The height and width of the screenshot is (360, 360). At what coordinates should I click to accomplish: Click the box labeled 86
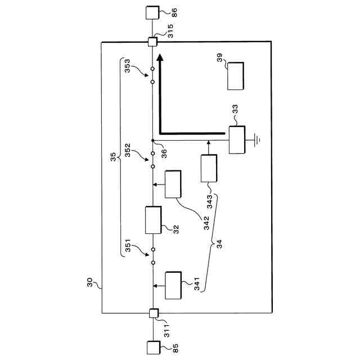click(x=152, y=12)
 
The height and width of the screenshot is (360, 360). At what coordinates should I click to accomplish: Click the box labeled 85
click(x=152, y=346)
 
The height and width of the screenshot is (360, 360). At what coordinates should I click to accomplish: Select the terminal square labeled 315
click(x=152, y=42)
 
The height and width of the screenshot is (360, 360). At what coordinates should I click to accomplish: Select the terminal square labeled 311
click(x=152, y=313)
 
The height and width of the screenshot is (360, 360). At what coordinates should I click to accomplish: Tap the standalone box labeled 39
click(x=236, y=76)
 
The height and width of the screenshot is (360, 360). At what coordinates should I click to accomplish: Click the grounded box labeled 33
click(x=236, y=139)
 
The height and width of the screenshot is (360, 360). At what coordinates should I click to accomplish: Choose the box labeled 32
click(x=154, y=220)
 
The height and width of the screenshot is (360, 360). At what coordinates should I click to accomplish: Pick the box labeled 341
click(x=173, y=285)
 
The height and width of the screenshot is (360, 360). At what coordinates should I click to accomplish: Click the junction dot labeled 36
click(x=152, y=140)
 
